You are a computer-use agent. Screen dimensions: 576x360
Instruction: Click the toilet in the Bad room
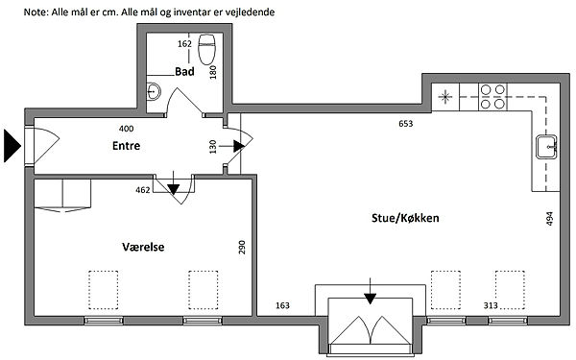pyautogui.click(x=206, y=49)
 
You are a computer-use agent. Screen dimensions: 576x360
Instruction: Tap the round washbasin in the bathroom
pyautogui.click(x=154, y=91)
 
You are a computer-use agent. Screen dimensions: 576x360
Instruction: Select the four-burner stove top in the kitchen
pyautogui.click(x=492, y=97)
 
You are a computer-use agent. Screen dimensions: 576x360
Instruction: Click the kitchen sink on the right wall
pyautogui.click(x=546, y=147)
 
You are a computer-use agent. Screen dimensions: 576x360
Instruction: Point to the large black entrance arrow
pyautogui.click(x=12, y=146)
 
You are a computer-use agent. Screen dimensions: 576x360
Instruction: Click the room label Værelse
pyautogui.click(x=143, y=247)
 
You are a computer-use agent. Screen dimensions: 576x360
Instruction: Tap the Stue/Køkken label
pyautogui.click(x=405, y=218)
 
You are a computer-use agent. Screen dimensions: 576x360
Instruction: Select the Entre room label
pyautogui.click(x=126, y=146)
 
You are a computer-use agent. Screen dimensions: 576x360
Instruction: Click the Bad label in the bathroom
pyautogui.click(x=184, y=71)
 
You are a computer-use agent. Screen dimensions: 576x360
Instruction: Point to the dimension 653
pyautogui.click(x=405, y=124)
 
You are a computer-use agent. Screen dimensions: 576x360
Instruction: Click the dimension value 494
pyautogui.click(x=549, y=218)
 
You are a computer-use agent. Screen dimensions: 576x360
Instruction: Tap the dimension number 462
pyautogui.click(x=143, y=190)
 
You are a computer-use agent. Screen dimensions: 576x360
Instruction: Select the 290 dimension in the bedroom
pyautogui.click(x=242, y=248)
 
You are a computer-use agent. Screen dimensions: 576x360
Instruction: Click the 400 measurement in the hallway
pyautogui.click(x=127, y=129)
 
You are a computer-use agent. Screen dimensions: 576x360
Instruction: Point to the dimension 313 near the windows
pyautogui.click(x=491, y=305)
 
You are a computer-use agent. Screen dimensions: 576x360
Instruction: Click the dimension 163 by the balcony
pyautogui.click(x=282, y=305)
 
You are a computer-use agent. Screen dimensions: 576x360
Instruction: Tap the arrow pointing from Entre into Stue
pyautogui.click(x=231, y=146)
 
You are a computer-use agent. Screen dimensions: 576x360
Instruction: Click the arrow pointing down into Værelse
pyautogui.click(x=174, y=183)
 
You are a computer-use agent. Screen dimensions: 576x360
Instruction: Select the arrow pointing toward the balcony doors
pyautogui.click(x=371, y=291)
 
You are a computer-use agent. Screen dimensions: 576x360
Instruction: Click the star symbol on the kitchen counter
pyautogui.click(x=445, y=97)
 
